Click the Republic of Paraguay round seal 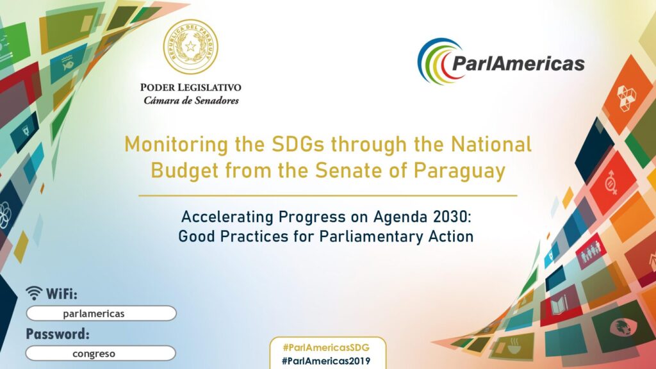190,46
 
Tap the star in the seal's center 191,46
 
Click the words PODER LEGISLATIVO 191,87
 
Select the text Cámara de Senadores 191,101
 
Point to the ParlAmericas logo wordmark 518,63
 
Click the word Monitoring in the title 176,145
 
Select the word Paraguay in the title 459,171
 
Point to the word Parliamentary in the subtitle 372,236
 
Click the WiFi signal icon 34,293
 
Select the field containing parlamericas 101,313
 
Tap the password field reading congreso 101,353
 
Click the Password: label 58,334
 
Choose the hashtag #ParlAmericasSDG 326,348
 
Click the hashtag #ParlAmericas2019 326,361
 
